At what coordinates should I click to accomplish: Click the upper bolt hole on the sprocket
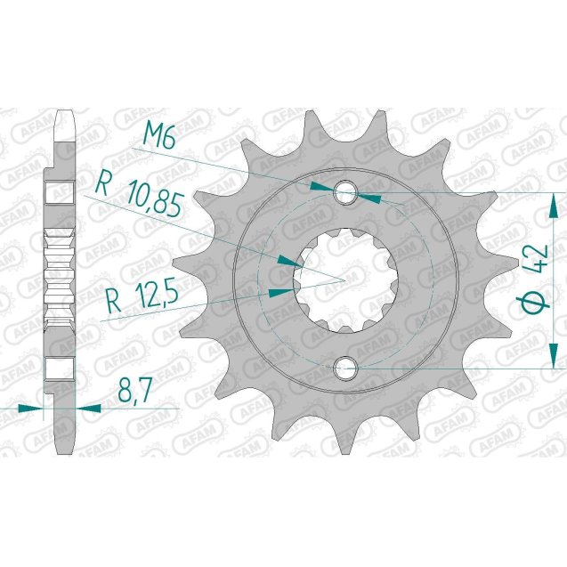[344, 192]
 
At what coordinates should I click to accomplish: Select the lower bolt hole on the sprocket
[344, 367]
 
